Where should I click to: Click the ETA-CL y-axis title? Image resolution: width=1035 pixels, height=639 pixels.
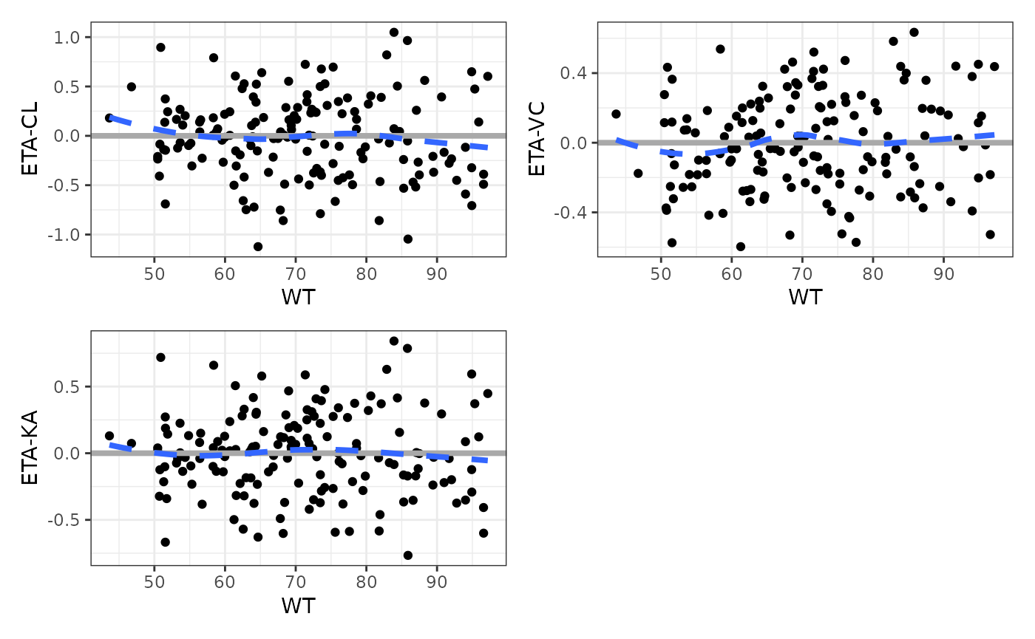pyautogui.click(x=30, y=136)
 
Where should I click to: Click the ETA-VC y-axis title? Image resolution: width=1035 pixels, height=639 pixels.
pyautogui.click(x=537, y=143)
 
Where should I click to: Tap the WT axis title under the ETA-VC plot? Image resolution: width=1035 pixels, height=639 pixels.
pyautogui.click(x=805, y=297)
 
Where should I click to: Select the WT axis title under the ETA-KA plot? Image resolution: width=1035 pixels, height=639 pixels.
pyautogui.click(x=298, y=606)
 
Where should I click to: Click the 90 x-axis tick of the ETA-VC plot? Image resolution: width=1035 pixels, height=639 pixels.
pyautogui.click(x=943, y=273)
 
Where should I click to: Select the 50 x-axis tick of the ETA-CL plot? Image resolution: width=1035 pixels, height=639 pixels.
pyautogui.click(x=154, y=273)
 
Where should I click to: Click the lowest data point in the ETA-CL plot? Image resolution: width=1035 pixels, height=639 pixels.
pyautogui.click(x=258, y=247)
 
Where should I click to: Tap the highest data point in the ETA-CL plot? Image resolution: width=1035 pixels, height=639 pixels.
pyautogui.click(x=394, y=33)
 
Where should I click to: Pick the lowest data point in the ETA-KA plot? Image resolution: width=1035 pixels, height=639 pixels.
pyautogui.click(x=407, y=556)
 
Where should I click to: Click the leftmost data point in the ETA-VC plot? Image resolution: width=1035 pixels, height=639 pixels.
pyautogui.click(x=616, y=114)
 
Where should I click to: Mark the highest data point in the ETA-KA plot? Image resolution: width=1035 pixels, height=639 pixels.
pyautogui.click(x=394, y=341)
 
